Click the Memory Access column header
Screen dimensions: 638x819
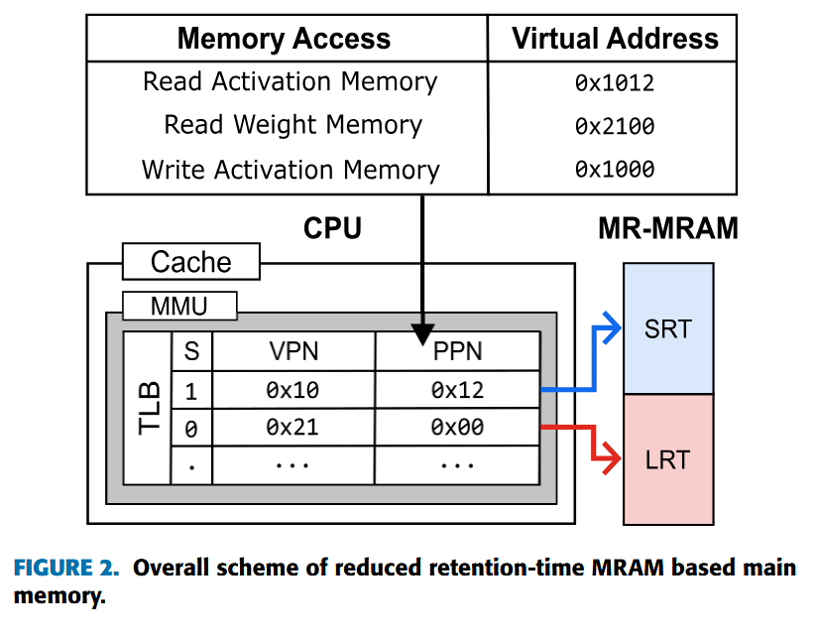coord(285,39)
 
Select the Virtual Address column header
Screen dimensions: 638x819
coord(615,39)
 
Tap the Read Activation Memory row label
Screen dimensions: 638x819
coord(290,81)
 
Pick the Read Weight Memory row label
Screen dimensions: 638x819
coord(292,125)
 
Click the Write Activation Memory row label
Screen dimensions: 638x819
coord(290,170)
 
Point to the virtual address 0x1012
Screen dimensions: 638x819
coord(615,83)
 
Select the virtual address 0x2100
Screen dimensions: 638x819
coord(615,127)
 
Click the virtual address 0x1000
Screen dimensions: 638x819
coord(615,170)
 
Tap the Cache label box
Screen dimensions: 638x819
coord(190,262)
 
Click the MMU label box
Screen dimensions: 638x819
coord(179,306)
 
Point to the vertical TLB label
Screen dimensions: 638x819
coord(149,408)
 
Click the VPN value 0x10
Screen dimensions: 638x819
coord(293,390)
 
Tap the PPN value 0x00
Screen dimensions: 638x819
coord(457,428)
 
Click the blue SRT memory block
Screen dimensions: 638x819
coord(667,328)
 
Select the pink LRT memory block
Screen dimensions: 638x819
coord(667,459)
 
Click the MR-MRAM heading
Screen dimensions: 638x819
coord(667,228)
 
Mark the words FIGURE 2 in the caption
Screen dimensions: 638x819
coord(66,569)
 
